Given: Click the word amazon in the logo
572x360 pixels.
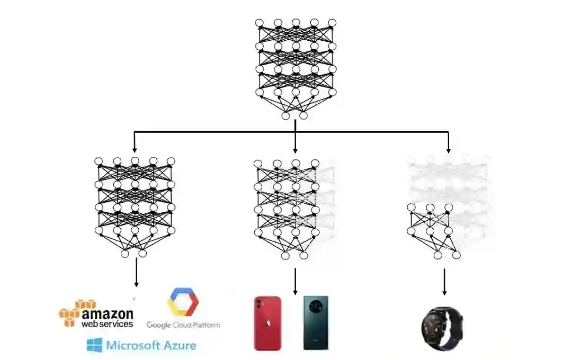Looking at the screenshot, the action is [x=108, y=313].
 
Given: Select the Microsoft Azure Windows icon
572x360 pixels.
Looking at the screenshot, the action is [x=94, y=346].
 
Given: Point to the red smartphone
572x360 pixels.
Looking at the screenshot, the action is [x=267, y=323].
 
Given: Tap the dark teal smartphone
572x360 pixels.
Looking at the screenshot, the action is [x=316, y=323].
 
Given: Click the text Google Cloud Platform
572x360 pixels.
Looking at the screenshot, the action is [x=183, y=325].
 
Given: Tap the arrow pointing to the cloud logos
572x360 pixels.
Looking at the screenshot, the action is [x=137, y=273].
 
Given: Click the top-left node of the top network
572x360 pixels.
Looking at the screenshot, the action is [x=259, y=23].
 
